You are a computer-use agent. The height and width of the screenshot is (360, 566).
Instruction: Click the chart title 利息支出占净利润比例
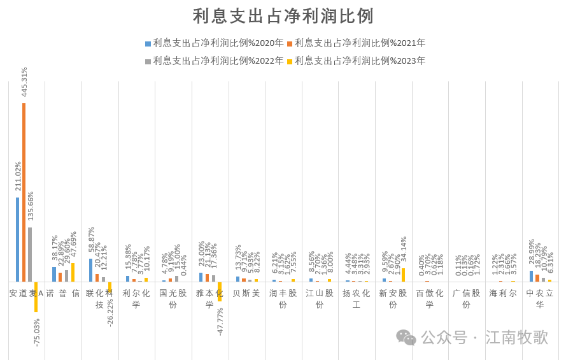[x=283, y=16]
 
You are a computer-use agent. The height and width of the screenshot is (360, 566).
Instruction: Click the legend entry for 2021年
[x=356, y=43]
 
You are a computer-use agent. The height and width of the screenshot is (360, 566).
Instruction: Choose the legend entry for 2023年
[x=356, y=61]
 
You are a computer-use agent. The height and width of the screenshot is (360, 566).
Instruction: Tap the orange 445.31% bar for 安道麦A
[x=24, y=191]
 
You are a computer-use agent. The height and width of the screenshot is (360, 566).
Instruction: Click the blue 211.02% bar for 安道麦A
[x=18, y=239]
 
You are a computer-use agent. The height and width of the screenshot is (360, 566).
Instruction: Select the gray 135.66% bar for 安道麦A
[x=30, y=254]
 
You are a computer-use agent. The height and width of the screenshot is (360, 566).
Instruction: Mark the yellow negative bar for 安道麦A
[x=36, y=296]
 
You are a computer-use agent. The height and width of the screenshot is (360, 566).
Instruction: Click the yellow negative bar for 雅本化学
[x=220, y=291]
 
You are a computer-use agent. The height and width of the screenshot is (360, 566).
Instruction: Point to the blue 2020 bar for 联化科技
[x=91, y=270]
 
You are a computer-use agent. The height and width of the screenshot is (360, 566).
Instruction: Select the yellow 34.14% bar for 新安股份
[x=403, y=275]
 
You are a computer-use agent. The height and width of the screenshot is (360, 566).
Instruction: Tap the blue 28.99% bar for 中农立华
[x=532, y=276]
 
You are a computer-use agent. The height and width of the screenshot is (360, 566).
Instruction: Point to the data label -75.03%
[x=36, y=332]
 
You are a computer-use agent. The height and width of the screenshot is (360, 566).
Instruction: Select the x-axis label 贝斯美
[x=246, y=294]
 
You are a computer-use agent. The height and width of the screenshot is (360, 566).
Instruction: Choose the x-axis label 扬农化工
[x=357, y=299]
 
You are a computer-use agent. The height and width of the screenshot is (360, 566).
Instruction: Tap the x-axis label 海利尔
[x=503, y=294]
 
